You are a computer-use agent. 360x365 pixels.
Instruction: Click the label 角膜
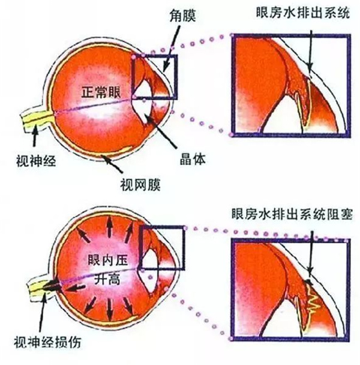click(182, 16)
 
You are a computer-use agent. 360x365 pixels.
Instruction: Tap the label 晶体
click(193, 159)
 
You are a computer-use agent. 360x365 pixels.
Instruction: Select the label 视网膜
click(140, 184)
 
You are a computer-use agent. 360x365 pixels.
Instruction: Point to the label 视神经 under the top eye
click(36, 160)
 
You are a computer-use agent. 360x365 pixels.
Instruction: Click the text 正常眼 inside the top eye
click(101, 92)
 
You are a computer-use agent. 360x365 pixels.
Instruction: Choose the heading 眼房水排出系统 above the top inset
click(303, 13)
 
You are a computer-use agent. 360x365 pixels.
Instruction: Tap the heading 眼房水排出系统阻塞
click(292, 214)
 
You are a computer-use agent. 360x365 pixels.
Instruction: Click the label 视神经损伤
click(47, 342)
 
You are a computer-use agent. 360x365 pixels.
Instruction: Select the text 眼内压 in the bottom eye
click(108, 259)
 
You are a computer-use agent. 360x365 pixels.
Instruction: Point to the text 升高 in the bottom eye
click(107, 279)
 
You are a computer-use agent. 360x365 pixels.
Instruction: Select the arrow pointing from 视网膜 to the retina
click(112, 164)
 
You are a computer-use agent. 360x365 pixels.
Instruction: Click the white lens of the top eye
click(143, 100)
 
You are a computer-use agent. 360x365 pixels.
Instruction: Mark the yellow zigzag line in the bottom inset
click(312, 300)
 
